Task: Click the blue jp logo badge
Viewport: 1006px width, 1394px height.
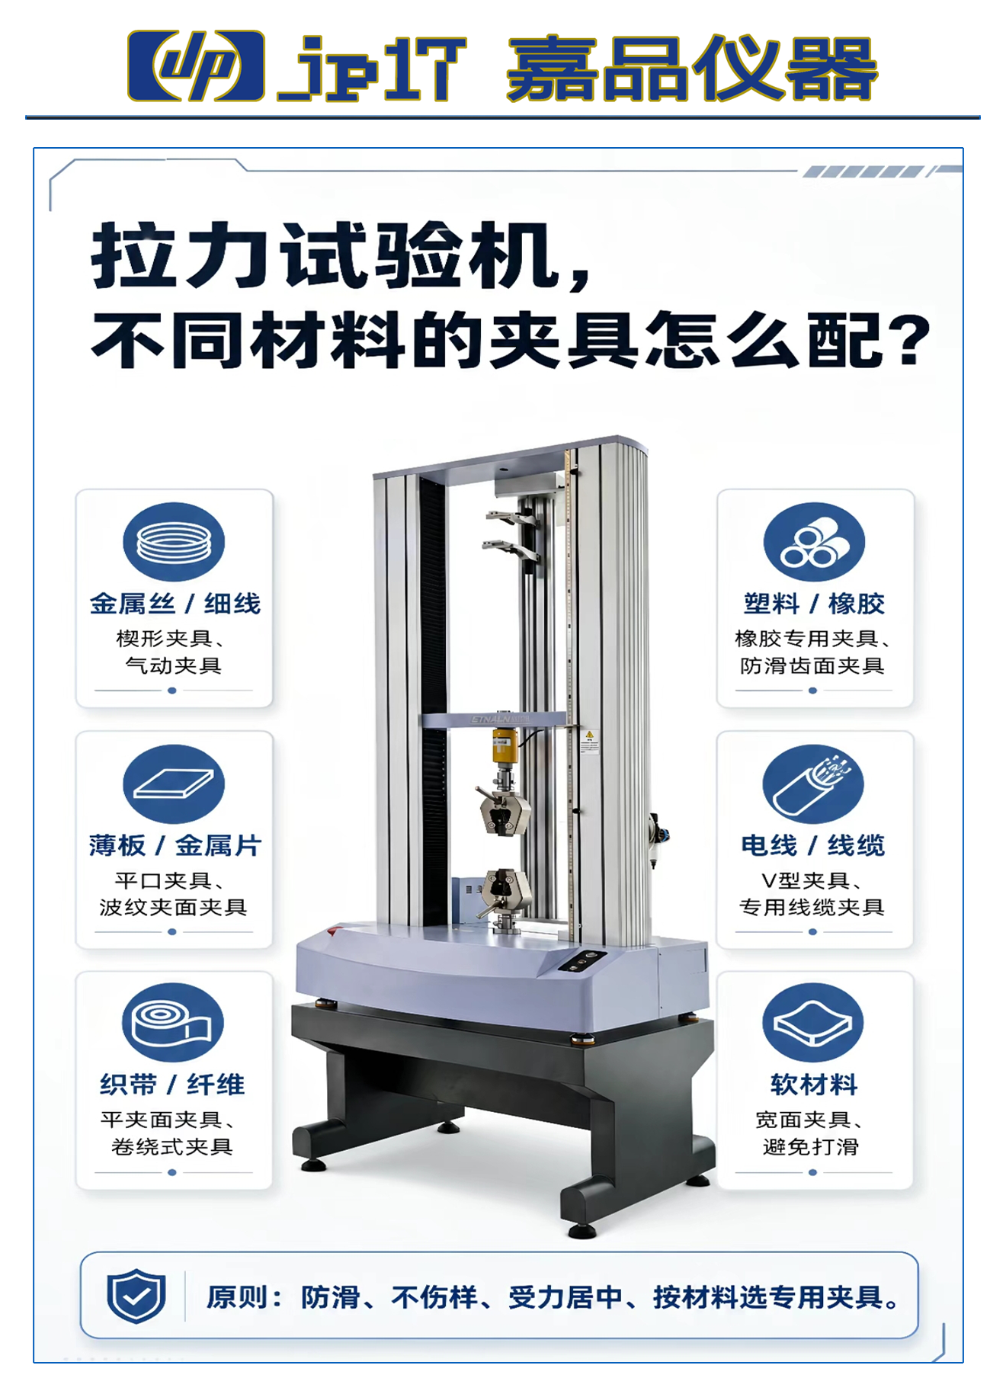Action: pyautogui.click(x=196, y=66)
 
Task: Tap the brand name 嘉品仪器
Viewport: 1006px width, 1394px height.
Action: pyautogui.click(x=692, y=68)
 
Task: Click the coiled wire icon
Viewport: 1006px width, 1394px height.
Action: pyautogui.click(x=174, y=542)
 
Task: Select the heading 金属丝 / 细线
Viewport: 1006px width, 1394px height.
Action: pyautogui.click(x=175, y=604)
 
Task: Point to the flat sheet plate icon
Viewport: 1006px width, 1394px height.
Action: pyautogui.click(x=174, y=784)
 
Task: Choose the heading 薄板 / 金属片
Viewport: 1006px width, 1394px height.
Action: pyautogui.click(x=175, y=845)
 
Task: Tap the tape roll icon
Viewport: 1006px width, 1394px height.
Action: pyautogui.click(x=173, y=1022)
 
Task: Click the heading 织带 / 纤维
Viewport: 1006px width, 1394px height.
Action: pyautogui.click(x=172, y=1085)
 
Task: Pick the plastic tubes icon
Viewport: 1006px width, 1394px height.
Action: pyautogui.click(x=814, y=542)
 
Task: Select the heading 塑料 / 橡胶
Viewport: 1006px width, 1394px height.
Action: pyautogui.click(x=814, y=604)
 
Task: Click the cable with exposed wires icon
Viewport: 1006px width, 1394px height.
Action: pyautogui.click(x=813, y=784)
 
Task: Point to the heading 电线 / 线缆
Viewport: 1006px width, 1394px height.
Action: pyautogui.click(x=813, y=845)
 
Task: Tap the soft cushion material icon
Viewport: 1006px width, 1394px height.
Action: pyautogui.click(x=813, y=1022)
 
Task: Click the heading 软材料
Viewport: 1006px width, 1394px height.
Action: pyautogui.click(x=814, y=1085)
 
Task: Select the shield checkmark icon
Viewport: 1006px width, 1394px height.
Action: pyautogui.click(x=136, y=1296)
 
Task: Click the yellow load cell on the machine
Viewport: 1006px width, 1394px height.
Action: pyautogui.click(x=504, y=745)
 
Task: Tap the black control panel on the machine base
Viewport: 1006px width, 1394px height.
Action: pyautogui.click(x=582, y=961)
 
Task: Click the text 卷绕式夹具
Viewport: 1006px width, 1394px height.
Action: pyautogui.click(x=172, y=1146)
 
